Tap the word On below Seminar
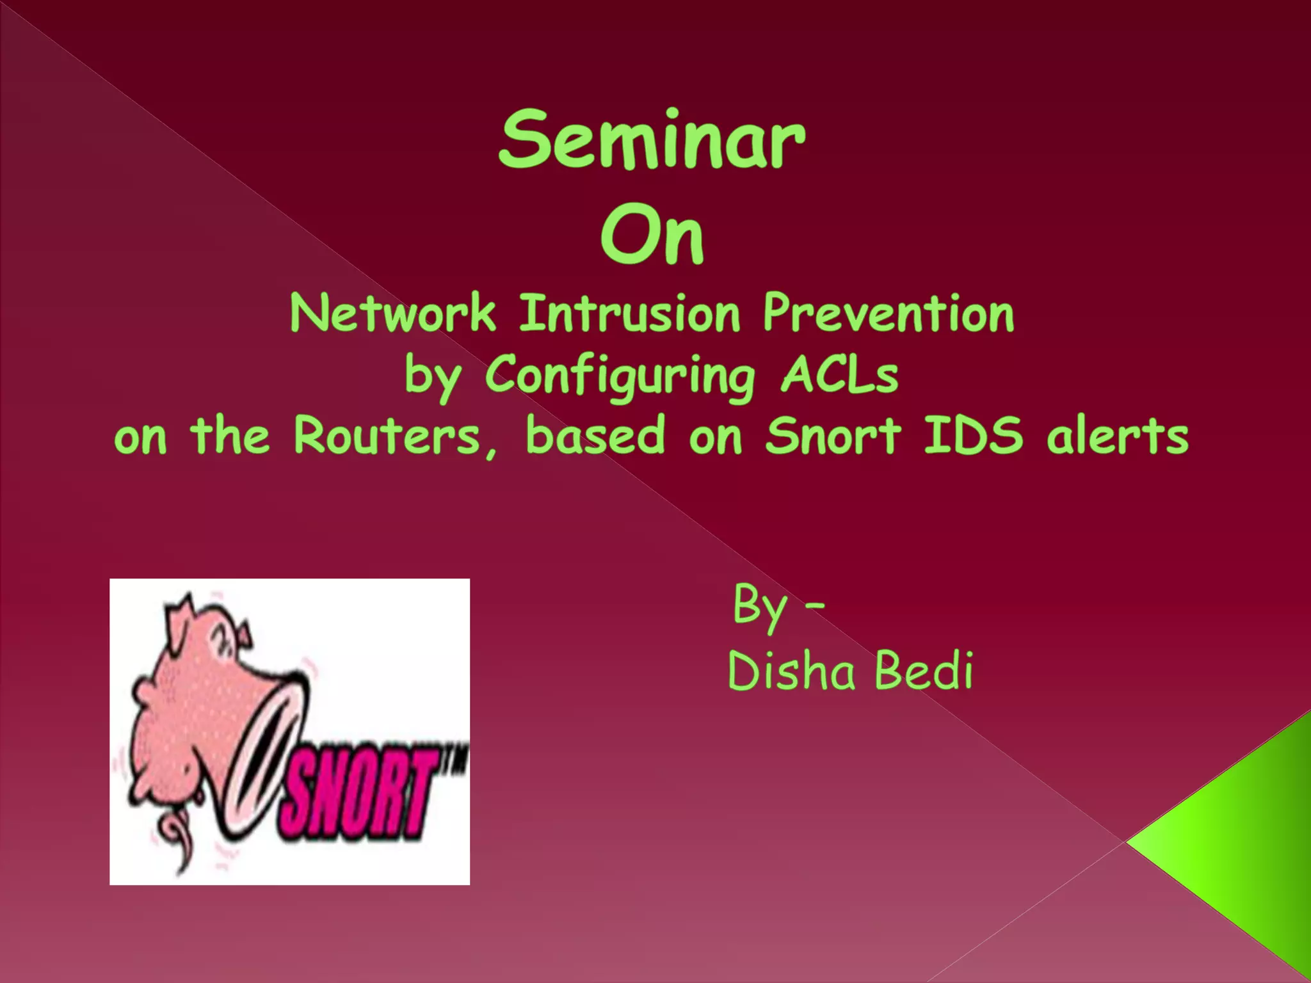(652, 236)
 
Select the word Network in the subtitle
(392, 314)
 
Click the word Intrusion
(629, 314)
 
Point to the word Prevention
(888, 314)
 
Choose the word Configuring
(620, 376)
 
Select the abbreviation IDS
(973, 436)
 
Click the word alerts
(1118, 436)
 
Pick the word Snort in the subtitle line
(834, 436)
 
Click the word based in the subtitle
(595, 436)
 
